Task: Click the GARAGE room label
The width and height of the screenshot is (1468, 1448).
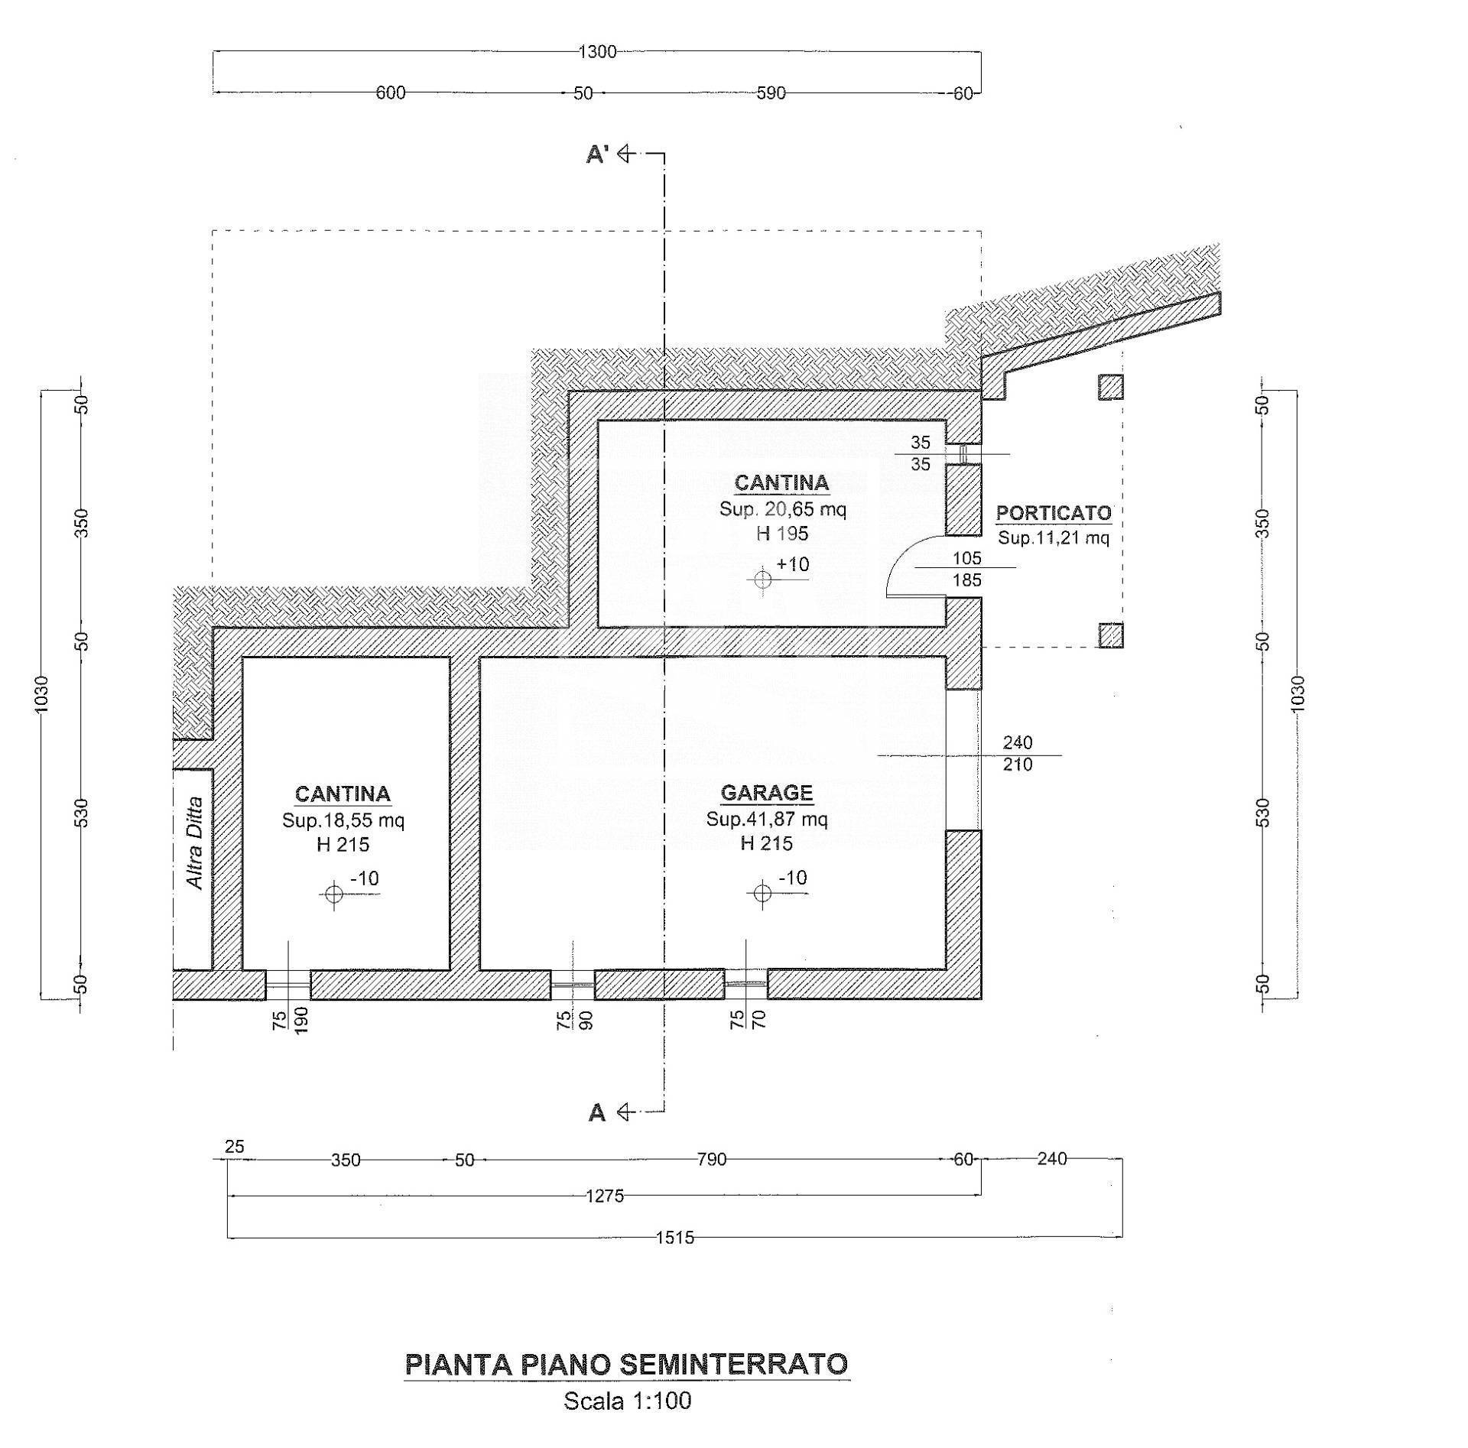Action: pyautogui.click(x=766, y=792)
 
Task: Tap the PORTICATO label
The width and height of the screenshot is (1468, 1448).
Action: pyautogui.click(x=1053, y=513)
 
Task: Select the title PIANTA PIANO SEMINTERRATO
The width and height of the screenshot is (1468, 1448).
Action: pyautogui.click(x=626, y=1364)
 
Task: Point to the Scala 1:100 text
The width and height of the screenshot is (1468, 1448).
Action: pyautogui.click(x=627, y=1401)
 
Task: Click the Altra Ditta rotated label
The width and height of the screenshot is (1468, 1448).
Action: pyautogui.click(x=194, y=843)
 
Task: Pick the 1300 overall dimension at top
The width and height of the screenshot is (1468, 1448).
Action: pyautogui.click(x=597, y=52)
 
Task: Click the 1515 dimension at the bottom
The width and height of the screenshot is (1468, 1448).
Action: pyautogui.click(x=675, y=1238)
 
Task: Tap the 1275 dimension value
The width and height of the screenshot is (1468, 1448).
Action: pyautogui.click(x=605, y=1196)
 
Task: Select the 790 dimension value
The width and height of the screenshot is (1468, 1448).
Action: pyautogui.click(x=711, y=1160)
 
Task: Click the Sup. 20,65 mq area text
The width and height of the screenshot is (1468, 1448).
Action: pyautogui.click(x=782, y=509)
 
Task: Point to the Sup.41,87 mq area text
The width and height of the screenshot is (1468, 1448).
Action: pyautogui.click(x=766, y=819)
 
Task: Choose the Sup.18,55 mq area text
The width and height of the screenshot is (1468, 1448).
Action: pyautogui.click(x=343, y=820)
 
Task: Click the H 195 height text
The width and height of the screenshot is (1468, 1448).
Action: pyautogui.click(x=782, y=534)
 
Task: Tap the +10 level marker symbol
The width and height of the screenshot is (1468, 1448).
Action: pyautogui.click(x=763, y=580)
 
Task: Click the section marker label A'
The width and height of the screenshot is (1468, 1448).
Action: pyautogui.click(x=596, y=155)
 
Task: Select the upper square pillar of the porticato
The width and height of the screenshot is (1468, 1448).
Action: pyautogui.click(x=1111, y=387)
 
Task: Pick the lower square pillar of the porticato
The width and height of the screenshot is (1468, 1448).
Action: pyautogui.click(x=1111, y=635)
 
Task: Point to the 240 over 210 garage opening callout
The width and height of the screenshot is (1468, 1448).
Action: pyautogui.click(x=1018, y=753)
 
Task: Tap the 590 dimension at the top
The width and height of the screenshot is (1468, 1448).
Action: pyautogui.click(x=771, y=93)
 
